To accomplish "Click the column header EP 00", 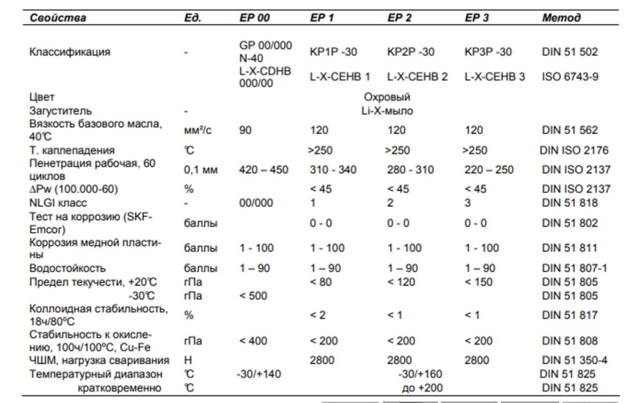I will point(254,17).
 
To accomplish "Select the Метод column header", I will point(562,17).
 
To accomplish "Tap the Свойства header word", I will point(58,17).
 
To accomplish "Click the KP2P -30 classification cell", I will point(411,52).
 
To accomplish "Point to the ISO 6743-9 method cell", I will point(570,77).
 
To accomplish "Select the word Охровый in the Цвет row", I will point(387,97).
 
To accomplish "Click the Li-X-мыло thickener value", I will point(387,111).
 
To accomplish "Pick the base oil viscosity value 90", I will point(246,130).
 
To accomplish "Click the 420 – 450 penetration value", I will point(264,170).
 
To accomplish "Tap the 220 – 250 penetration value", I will point(489,170).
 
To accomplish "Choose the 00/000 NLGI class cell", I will point(256,203).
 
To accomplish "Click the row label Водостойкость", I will point(67,268).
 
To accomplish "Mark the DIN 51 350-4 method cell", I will point(574,361).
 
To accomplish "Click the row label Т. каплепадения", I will point(72,151).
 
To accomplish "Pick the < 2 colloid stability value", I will point(318,315).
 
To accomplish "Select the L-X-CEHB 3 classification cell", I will point(495,77).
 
